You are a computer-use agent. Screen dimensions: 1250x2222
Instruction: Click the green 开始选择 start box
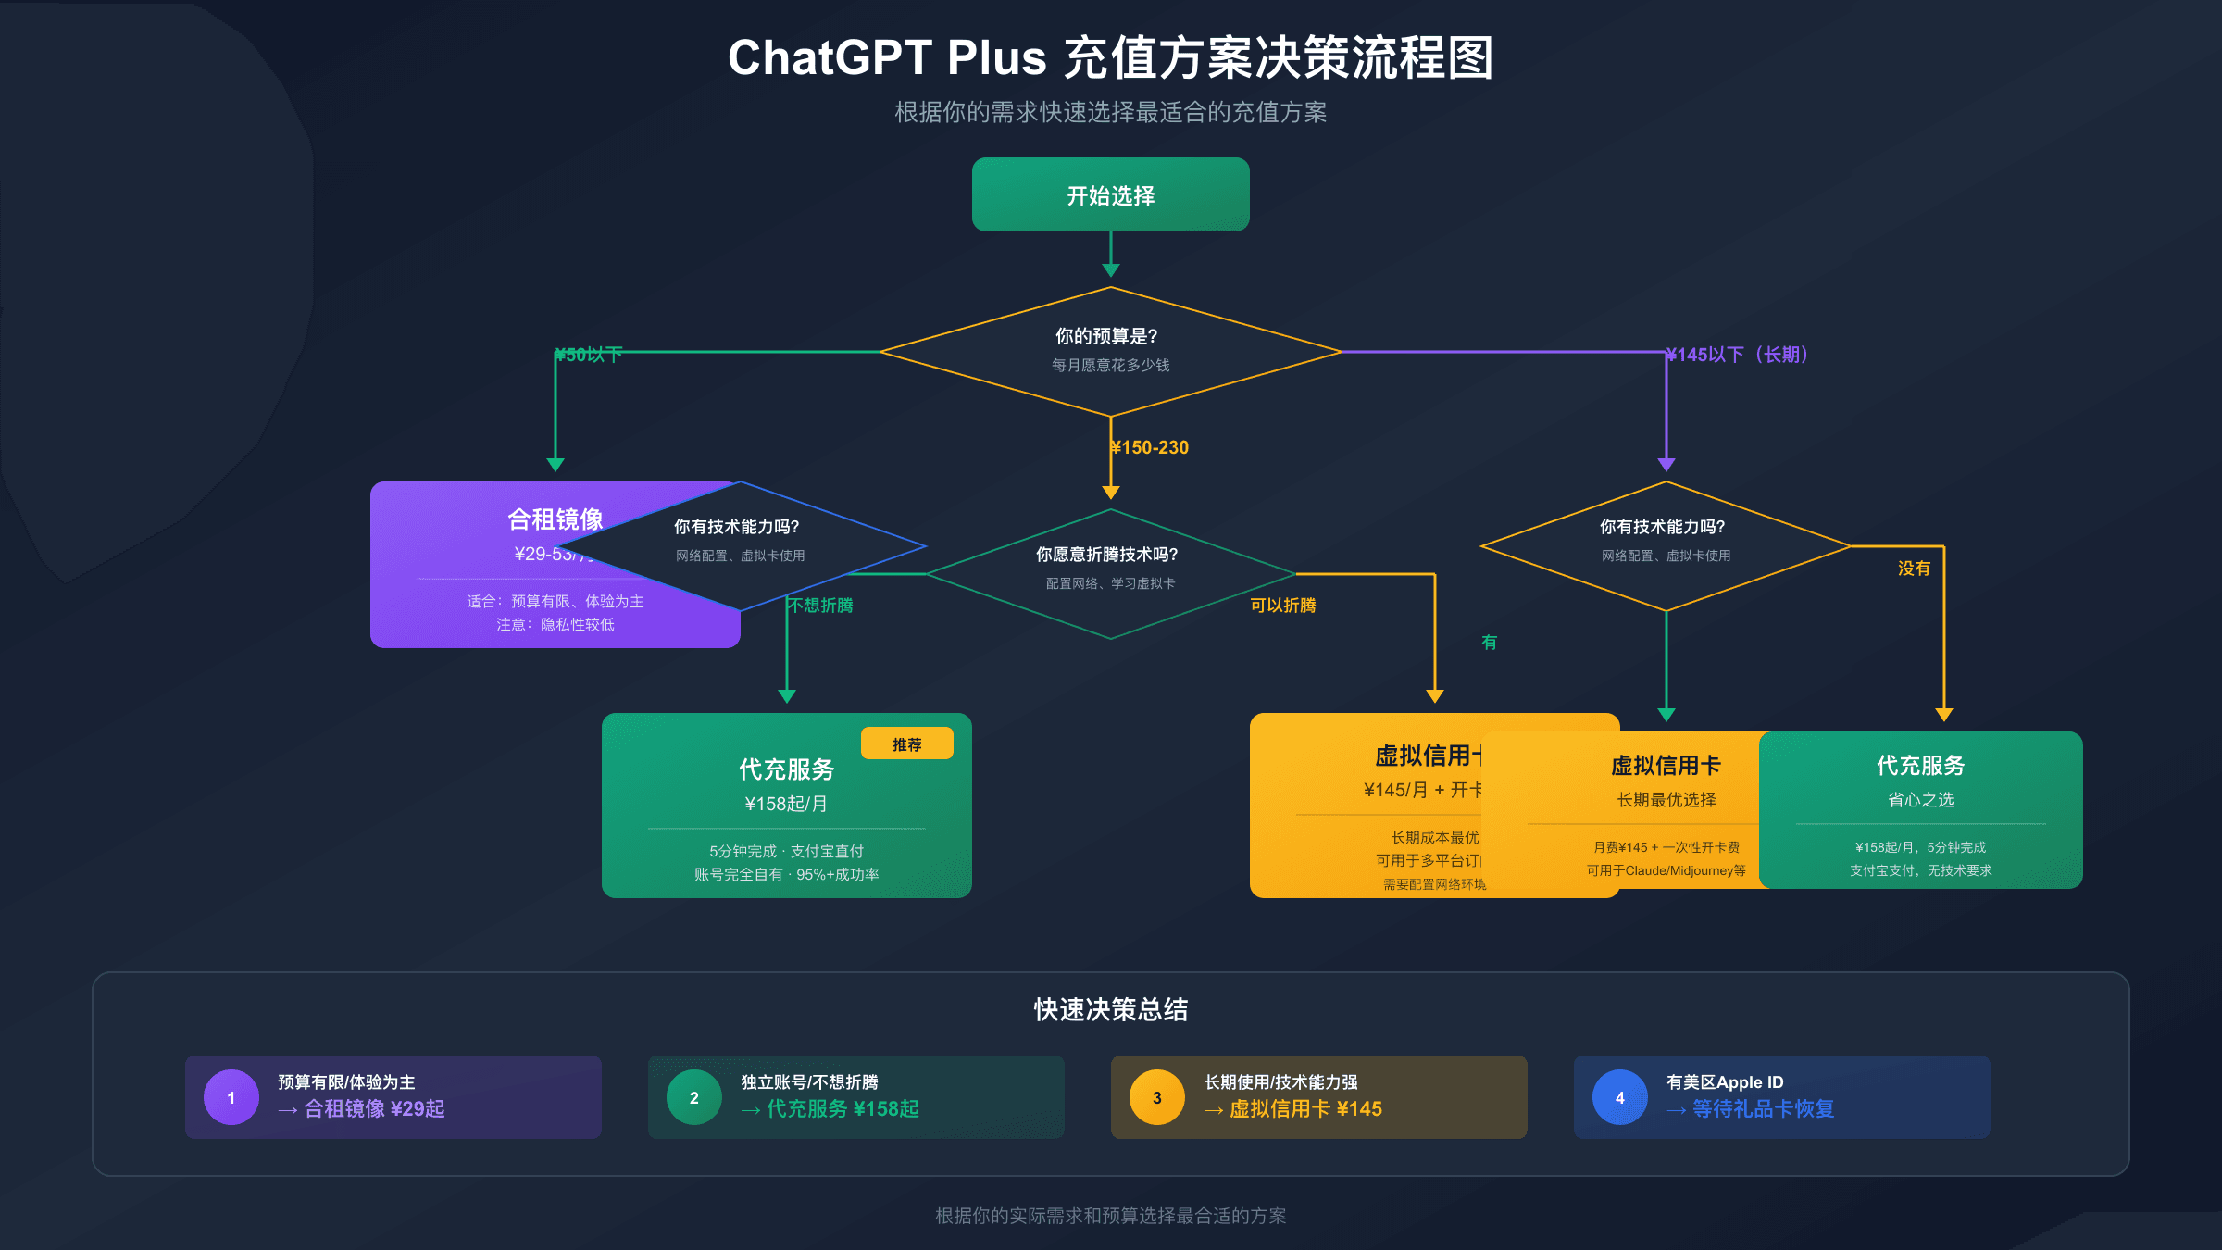1110,194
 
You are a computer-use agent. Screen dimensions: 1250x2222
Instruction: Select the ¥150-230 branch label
1150,447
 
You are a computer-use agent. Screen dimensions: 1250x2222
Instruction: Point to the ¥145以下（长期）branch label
1737,355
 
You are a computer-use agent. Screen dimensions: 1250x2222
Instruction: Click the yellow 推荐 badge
906,744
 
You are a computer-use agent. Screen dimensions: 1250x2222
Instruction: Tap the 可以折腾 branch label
1282,605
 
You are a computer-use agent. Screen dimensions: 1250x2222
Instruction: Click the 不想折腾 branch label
820,605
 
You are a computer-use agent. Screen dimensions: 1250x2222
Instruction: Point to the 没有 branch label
1914,568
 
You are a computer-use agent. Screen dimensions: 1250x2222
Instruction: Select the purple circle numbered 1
231,1097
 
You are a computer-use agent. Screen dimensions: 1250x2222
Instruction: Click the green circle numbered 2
694,1097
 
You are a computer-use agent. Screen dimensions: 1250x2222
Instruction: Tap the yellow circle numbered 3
1157,1097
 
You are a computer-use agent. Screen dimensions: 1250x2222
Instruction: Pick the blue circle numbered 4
1620,1097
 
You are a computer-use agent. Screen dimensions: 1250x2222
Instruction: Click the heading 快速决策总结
1110,1009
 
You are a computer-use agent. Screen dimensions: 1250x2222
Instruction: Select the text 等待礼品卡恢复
1763,1108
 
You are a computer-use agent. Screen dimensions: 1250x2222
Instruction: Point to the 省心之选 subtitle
1920,799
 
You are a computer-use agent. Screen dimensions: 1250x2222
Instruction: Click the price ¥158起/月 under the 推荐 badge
786,804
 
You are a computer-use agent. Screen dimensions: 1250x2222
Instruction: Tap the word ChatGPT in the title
829,57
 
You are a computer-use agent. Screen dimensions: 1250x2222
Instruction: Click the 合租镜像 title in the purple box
555,519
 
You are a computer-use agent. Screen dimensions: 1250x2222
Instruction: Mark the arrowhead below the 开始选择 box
1110,270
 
